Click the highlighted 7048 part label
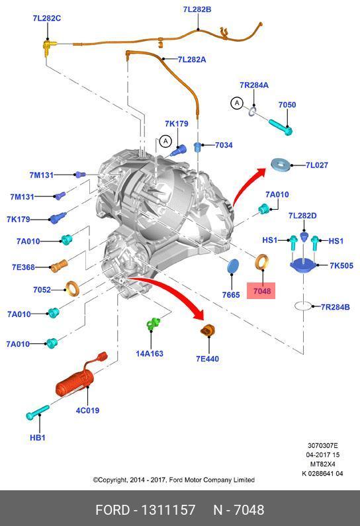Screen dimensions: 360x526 tap(261, 290)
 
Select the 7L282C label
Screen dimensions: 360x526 tap(46, 18)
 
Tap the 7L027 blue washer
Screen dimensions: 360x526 tap(281, 165)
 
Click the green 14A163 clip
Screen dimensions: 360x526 tap(154, 324)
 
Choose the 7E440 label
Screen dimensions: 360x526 tap(207, 359)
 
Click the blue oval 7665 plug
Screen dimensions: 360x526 tap(233, 267)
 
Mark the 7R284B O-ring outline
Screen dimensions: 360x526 tap(303, 306)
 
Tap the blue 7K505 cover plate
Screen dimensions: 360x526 tap(302, 265)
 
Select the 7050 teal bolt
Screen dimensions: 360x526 tap(281, 127)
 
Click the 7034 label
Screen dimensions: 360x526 tap(224, 145)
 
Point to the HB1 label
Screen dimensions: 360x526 tap(37, 437)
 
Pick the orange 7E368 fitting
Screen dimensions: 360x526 tap(59, 266)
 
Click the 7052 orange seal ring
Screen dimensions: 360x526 tap(72, 289)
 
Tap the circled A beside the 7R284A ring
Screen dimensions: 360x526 tap(237, 103)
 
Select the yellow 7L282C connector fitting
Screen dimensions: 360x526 tap(49, 46)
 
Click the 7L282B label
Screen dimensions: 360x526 tap(197, 9)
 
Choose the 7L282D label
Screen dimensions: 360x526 tap(302, 216)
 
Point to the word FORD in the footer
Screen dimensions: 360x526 tap(112, 510)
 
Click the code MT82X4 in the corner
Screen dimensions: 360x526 tap(322, 464)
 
